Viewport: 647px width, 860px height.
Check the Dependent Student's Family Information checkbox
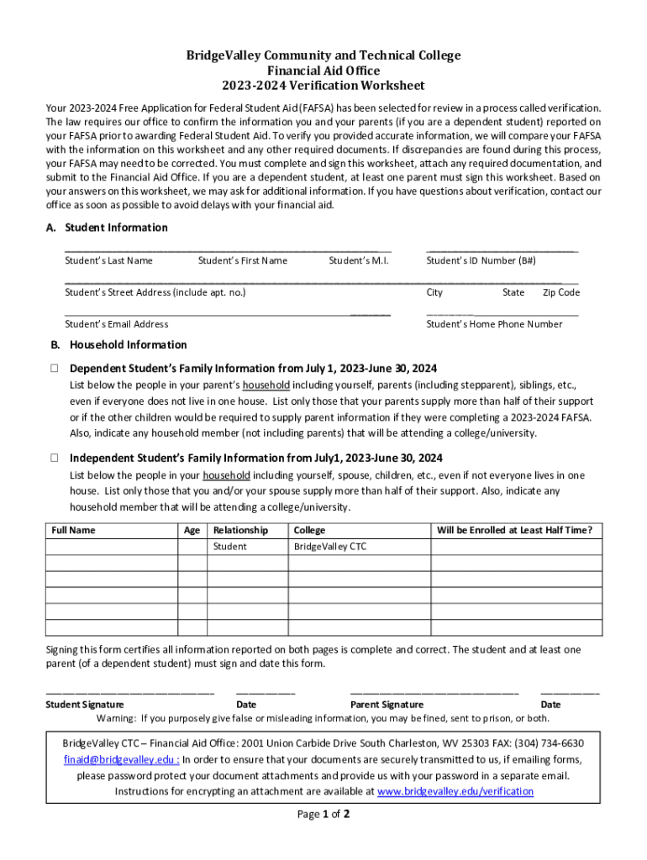[54, 369]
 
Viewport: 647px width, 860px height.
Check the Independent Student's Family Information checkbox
[54, 459]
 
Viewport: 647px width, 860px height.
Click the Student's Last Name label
[108, 260]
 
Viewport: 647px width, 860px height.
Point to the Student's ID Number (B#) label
[481, 260]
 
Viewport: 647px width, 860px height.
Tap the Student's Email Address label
[116, 324]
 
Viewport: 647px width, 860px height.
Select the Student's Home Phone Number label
[494, 324]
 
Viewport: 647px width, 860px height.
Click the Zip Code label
[560, 292]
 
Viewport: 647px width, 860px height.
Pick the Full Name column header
[73, 530]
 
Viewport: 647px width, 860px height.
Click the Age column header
[192, 530]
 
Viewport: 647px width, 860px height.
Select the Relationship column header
[241, 530]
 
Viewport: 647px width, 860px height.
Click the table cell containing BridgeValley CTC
[329, 547]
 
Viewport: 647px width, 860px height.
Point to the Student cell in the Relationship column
[230, 547]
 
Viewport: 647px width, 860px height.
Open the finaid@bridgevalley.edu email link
[120, 759]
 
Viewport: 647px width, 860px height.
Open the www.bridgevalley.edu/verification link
[455, 791]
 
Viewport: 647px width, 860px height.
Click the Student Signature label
[85, 705]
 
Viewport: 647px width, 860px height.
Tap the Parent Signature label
[387, 705]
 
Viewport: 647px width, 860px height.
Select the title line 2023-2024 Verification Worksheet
[323, 86]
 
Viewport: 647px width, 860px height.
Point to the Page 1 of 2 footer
[323, 815]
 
